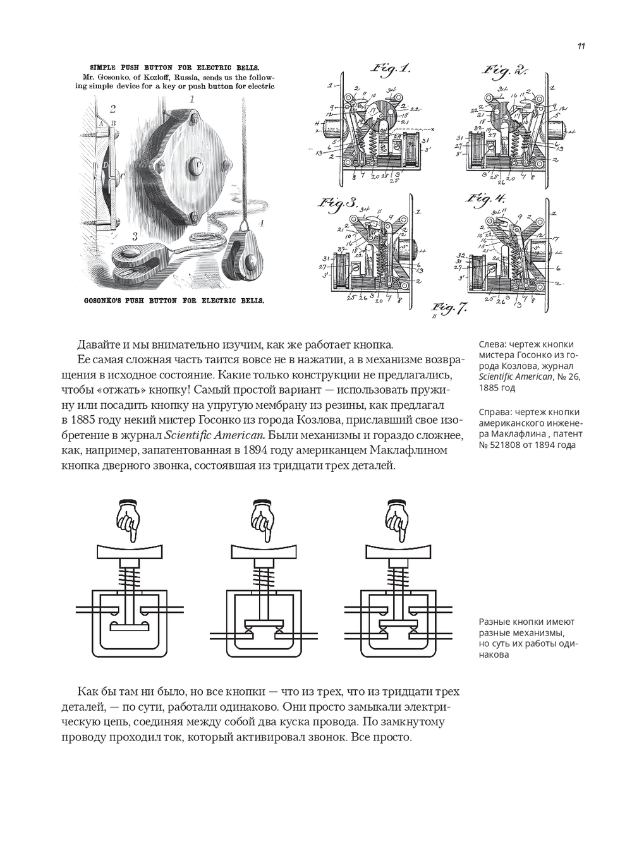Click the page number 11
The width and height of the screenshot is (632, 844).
(581, 46)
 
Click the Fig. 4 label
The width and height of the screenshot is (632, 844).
(487, 200)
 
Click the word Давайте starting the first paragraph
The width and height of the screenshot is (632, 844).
(98, 344)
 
